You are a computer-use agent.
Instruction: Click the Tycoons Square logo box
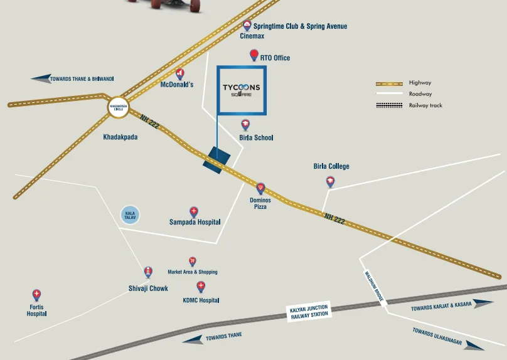coord(242,90)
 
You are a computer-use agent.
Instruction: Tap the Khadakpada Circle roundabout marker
coord(118,107)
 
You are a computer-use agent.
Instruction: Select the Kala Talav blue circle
coord(130,215)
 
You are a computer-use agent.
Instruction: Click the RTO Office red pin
coord(254,55)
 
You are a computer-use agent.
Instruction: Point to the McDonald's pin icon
coord(180,74)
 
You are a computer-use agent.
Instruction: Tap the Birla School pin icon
coord(246,125)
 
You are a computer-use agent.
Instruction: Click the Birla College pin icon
coord(330,182)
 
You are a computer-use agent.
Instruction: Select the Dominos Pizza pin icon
coord(260,188)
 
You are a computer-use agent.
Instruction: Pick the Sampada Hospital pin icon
coord(194,212)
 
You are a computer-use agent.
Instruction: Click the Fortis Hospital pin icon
coord(36,295)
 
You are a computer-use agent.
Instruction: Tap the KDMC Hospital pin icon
coord(201,287)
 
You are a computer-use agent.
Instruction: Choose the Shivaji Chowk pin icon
coord(148,272)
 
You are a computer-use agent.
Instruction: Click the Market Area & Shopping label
coord(193,272)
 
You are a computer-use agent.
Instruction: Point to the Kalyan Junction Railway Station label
coord(309,312)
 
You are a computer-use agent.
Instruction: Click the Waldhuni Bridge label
coord(374,287)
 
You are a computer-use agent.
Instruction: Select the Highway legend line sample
coord(388,83)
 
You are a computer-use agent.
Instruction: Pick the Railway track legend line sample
coord(388,105)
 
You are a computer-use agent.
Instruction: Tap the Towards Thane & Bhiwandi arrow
coord(41,78)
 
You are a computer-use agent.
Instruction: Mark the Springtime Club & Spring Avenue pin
coord(247,26)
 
